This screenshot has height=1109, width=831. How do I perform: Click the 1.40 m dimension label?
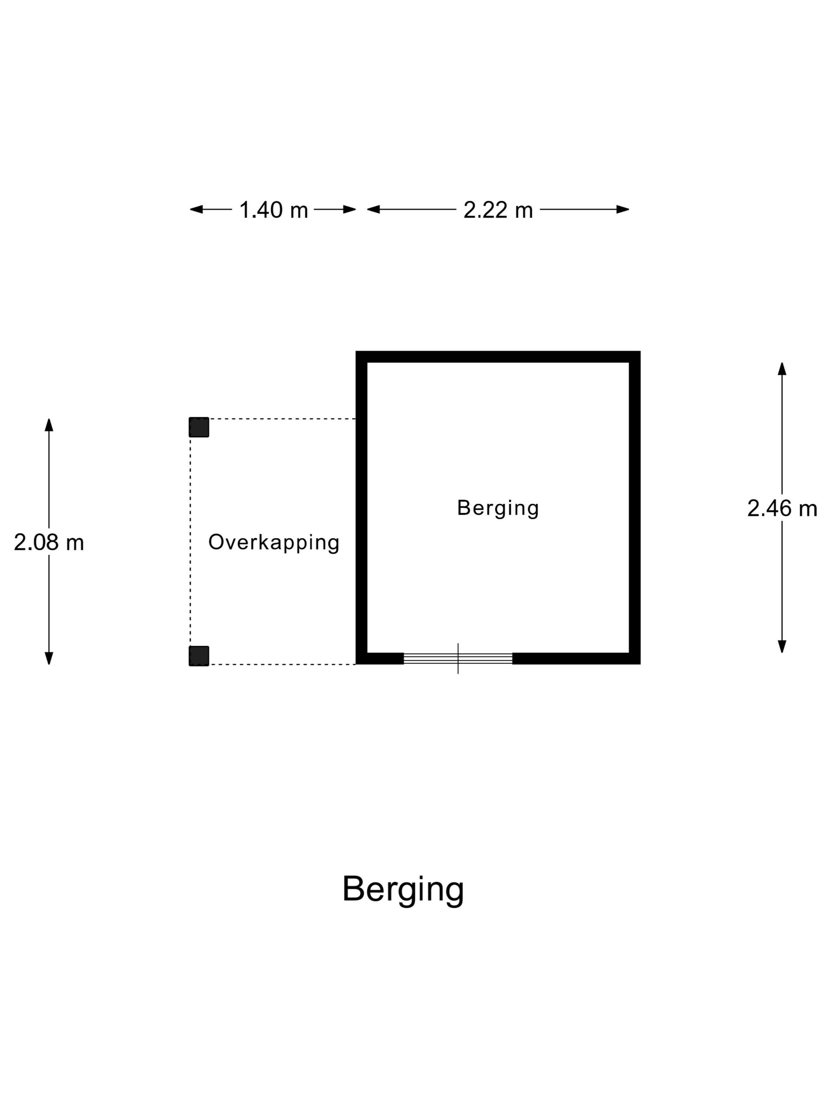[273, 210]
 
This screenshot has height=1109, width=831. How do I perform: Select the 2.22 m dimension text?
[498, 210]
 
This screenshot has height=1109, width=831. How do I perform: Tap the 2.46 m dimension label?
[782, 509]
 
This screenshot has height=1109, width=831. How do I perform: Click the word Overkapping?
[274, 543]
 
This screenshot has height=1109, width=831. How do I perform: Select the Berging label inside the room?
[498, 509]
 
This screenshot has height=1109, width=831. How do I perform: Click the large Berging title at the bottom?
[403, 890]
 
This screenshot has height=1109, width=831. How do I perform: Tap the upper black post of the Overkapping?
[199, 427]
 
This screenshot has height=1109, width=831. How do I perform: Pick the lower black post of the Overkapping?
[199, 656]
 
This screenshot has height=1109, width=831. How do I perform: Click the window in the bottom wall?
[458, 659]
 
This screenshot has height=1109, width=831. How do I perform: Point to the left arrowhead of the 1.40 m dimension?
[196, 210]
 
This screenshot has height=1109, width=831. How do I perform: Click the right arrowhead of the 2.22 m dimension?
[622, 210]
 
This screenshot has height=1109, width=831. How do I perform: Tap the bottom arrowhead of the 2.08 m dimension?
[49, 658]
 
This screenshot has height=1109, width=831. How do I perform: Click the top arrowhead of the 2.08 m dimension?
[49, 425]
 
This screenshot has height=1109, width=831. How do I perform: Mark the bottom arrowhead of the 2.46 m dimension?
[782, 647]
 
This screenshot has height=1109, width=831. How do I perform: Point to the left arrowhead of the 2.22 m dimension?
[373, 210]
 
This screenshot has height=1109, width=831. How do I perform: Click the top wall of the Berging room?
[498, 356]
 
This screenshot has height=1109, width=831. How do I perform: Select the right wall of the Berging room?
[635, 507]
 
